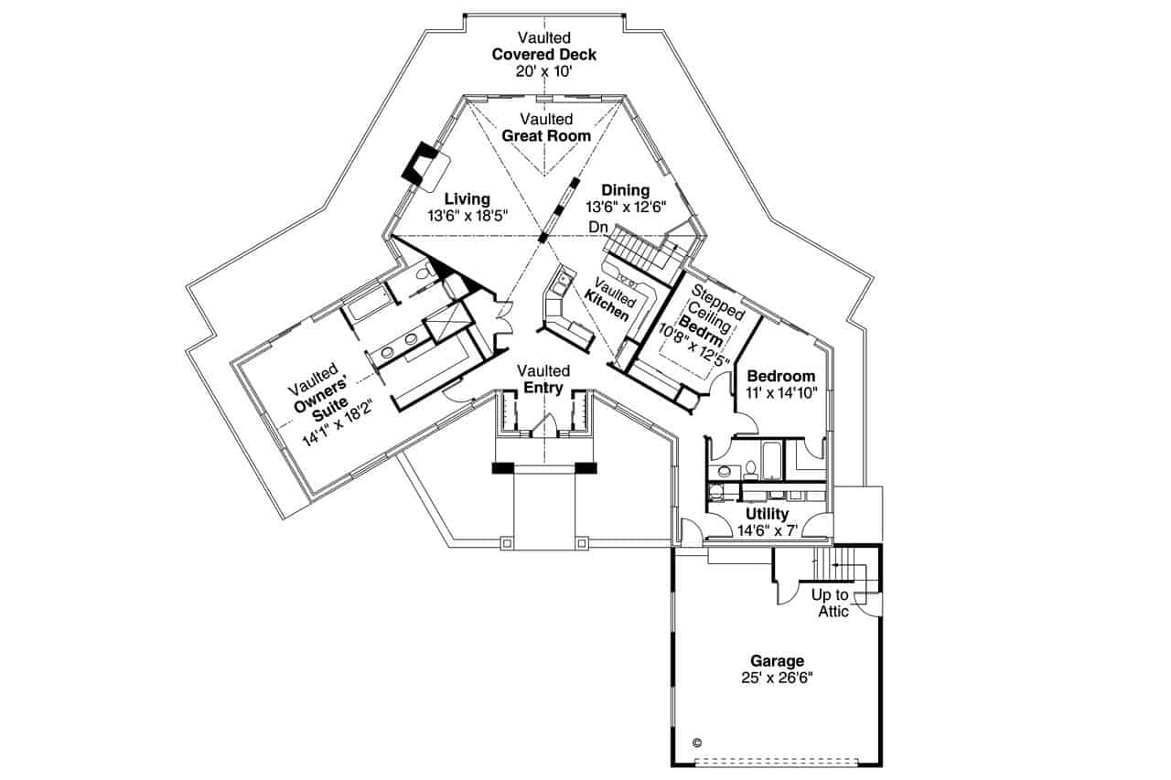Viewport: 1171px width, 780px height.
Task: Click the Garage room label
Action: [x=777, y=660]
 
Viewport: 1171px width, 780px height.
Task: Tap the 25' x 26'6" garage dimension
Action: [x=777, y=678]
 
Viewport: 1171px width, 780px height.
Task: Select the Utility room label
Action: [x=766, y=514]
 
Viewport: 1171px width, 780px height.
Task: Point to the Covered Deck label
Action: [x=543, y=54]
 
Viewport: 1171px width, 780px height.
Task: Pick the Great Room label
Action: [x=545, y=135]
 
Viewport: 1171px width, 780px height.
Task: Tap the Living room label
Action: [x=467, y=198]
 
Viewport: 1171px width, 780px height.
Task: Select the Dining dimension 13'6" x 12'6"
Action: [x=626, y=207]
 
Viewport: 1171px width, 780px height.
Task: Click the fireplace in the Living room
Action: [x=425, y=165]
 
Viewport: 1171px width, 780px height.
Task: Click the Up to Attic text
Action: [x=831, y=603]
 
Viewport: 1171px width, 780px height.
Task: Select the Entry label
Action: [x=543, y=388]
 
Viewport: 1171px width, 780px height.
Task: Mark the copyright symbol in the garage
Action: [x=697, y=743]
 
